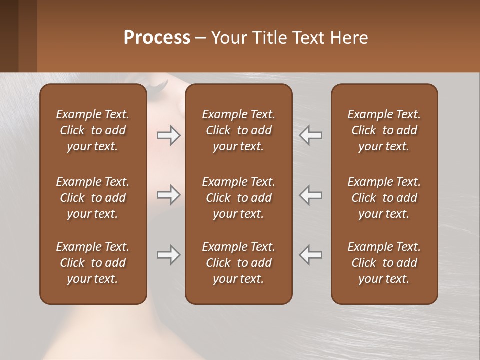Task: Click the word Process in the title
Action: tap(157, 38)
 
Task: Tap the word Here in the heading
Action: tap(348, 38)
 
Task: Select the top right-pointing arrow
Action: tap(169, 135)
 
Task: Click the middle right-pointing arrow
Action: tap(169, 195)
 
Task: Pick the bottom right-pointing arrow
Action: tap(169, 255)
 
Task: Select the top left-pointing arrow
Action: tap(310, 135)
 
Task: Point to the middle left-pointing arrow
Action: tap(310, 195)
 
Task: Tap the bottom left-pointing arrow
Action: tap(310, 255)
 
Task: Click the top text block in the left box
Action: tap(93, 130)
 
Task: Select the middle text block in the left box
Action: tap(93, 198)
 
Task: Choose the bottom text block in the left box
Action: tap(93, 263)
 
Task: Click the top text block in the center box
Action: tap(239, 130)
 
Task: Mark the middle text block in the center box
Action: tap(239, 198)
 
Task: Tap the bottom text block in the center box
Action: tap(239, 263)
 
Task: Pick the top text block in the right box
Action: tap(384, 130)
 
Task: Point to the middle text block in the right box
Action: tap(384, 198)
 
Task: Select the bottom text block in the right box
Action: tap(384, 263)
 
